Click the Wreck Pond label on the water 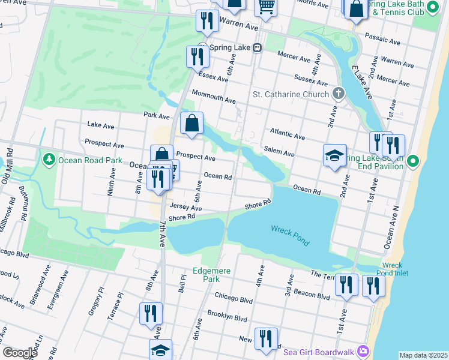point(290,236)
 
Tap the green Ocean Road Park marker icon point(49,160)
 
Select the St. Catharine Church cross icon point(339,94)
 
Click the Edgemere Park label point(207,275)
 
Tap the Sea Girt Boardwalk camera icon point(363,350)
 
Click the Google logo point(20,352)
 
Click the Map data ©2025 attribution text point(423,355)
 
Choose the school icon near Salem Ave point(334,156)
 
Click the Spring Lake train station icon point(257,47)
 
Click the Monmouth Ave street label point(213,96)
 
